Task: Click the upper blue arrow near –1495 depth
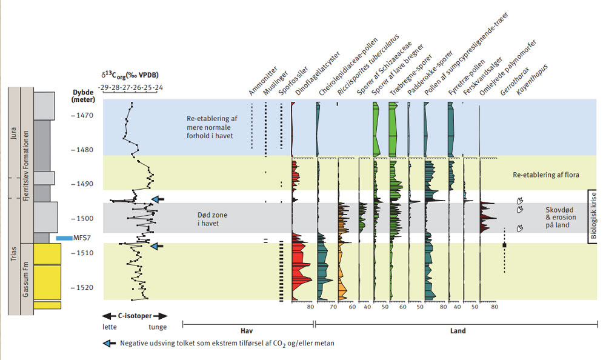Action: [x=157, y=199]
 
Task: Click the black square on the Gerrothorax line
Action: [x=504, y=245]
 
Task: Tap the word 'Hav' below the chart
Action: [x=246, y=331]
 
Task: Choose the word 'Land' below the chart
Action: [x=458, y=331]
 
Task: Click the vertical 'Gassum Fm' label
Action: [x=27, y=279]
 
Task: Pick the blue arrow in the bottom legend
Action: [x=107, y=344]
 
